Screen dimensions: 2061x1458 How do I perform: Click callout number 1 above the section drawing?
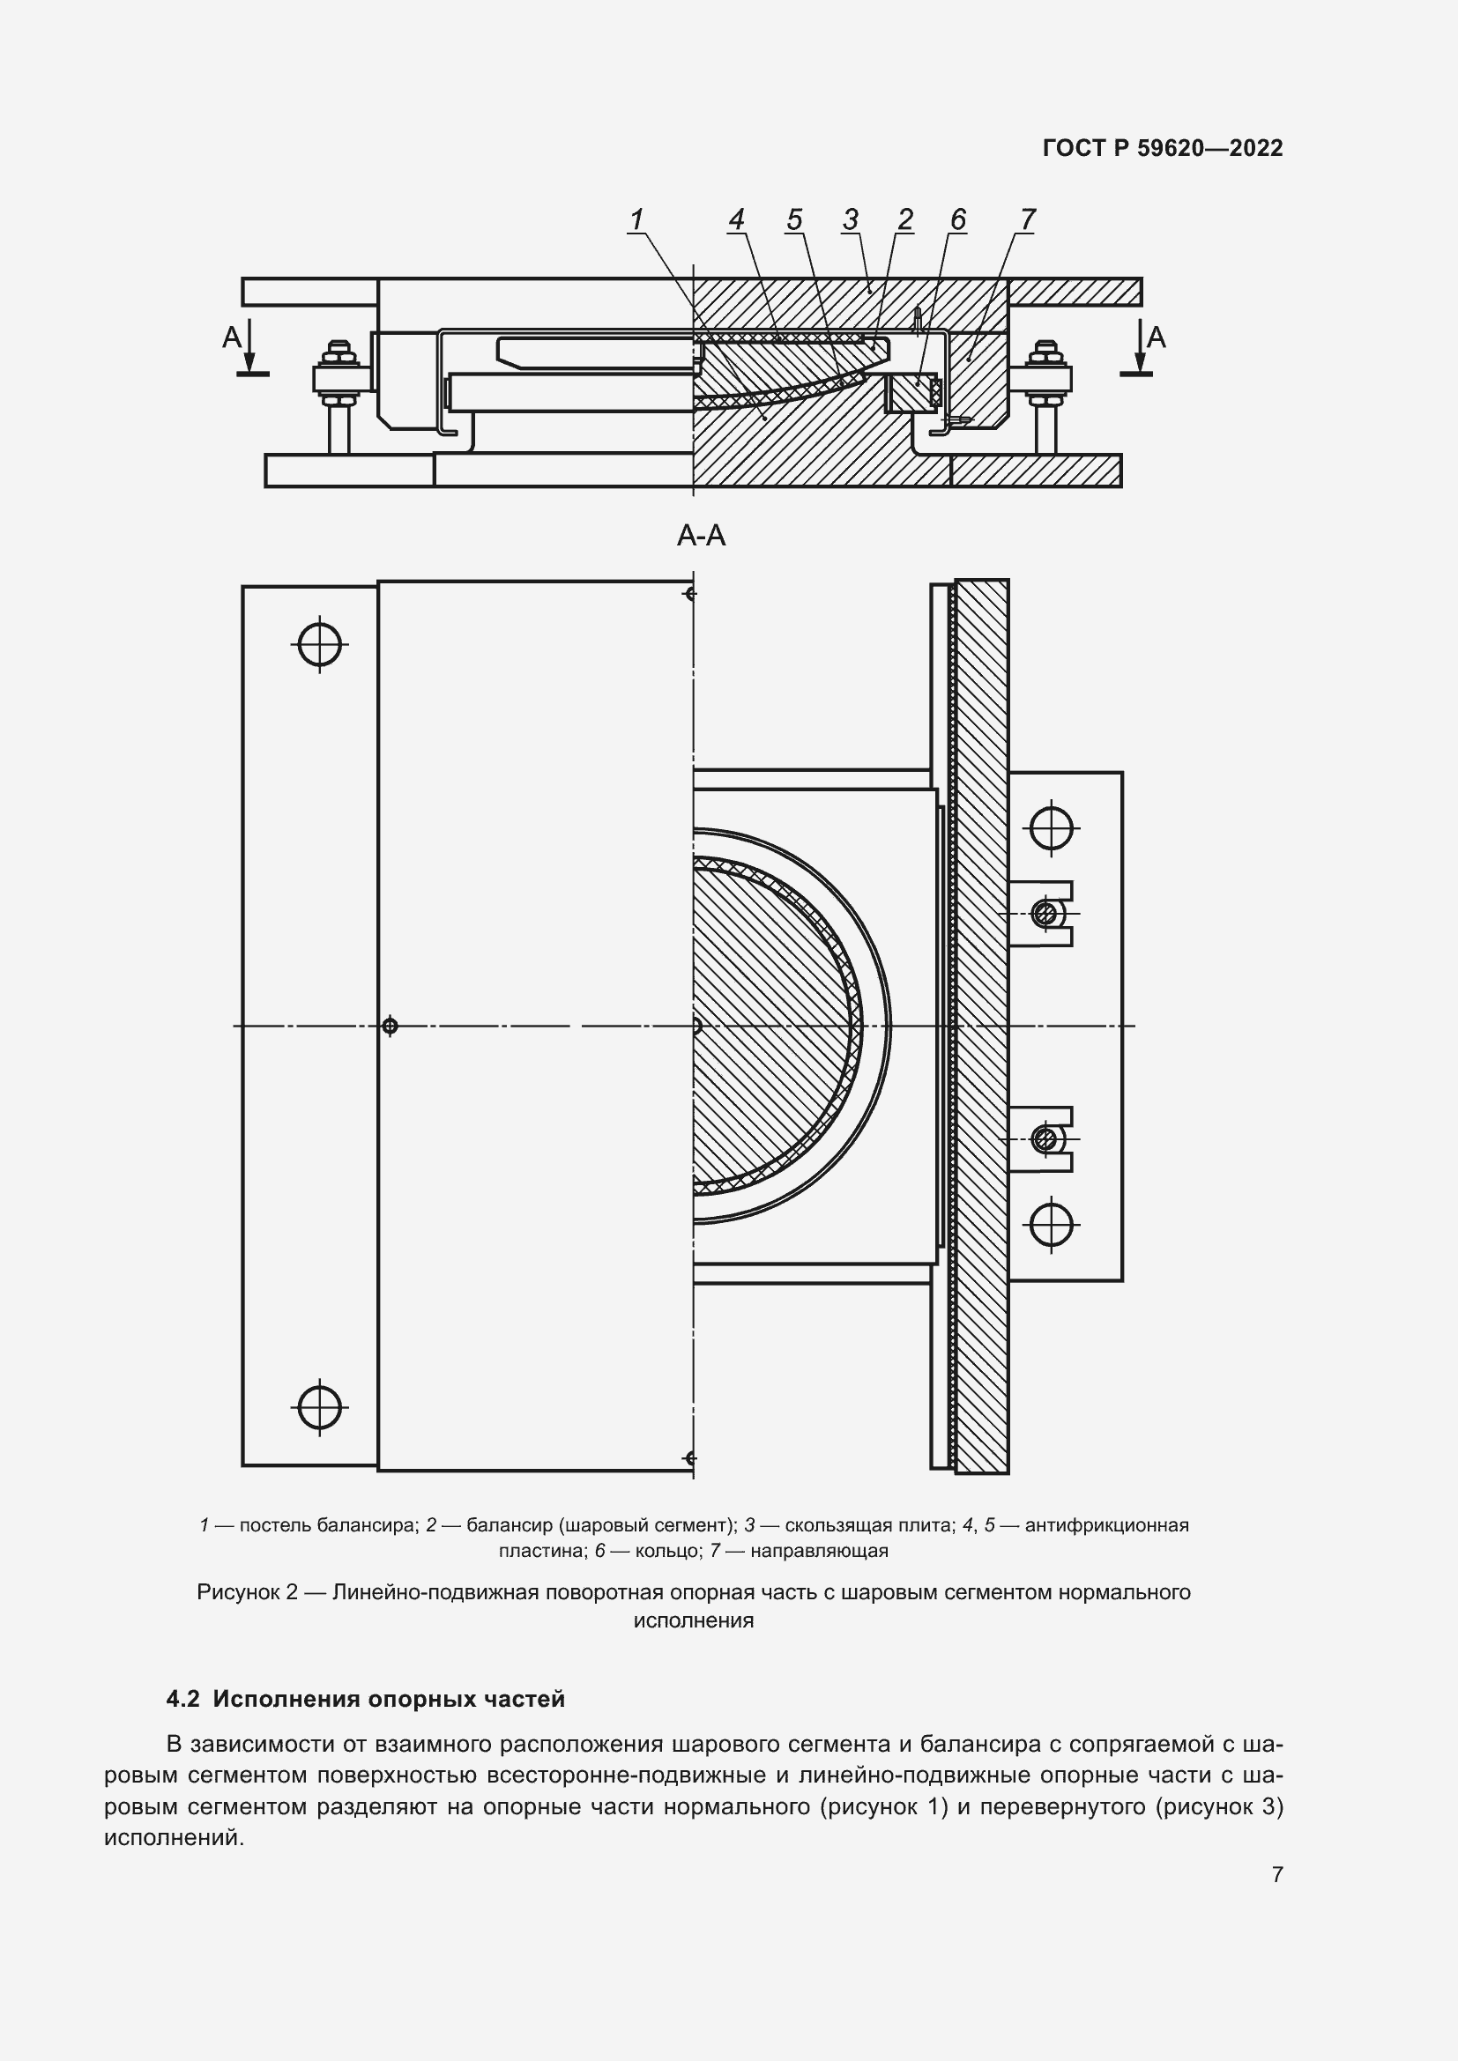(x=636, y=219)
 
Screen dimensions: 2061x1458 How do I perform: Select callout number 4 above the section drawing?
(x=736, y=219)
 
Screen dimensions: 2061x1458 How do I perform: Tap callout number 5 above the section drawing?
(x=793, y=219)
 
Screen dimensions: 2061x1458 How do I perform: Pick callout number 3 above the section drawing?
(x=850, y=219)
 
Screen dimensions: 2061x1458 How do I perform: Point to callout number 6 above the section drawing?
(x=958, y=219)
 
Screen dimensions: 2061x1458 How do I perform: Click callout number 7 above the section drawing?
(x=1028, y=219)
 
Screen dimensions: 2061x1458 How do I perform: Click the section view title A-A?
(x=700, y=536)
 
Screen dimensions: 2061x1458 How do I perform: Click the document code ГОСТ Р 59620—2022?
(x=1163, y=148)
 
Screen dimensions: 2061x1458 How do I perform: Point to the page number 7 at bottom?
(x=1277, y=1874)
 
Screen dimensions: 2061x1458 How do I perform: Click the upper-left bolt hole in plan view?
(x=320, y=643)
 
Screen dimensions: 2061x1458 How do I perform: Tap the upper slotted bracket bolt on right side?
(x=1044, y=914)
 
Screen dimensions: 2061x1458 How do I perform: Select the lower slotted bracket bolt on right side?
(x=1044, y=1139)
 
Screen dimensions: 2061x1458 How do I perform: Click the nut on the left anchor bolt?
(x=338, y=378)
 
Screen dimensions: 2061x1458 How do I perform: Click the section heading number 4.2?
(x=183, y=1699)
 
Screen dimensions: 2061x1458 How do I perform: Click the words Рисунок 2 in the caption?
(x=247, y=1592)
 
